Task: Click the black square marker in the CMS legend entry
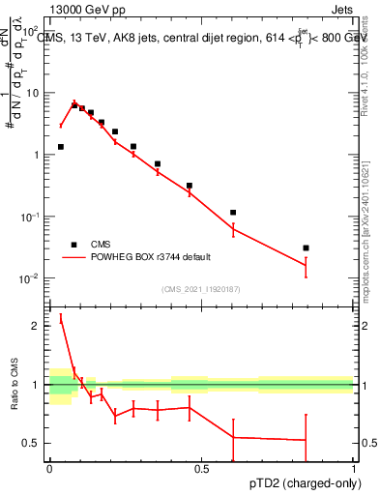(73, 246)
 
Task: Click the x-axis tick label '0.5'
(201, 469)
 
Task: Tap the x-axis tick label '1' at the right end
(353, 469)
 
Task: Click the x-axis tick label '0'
(49, 469)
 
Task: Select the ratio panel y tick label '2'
(36, 326)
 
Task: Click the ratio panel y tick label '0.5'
(32, 443)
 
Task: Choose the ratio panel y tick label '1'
(36, 385)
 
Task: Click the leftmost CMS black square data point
(61, 147)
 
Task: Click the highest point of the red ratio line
(61, 317)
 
